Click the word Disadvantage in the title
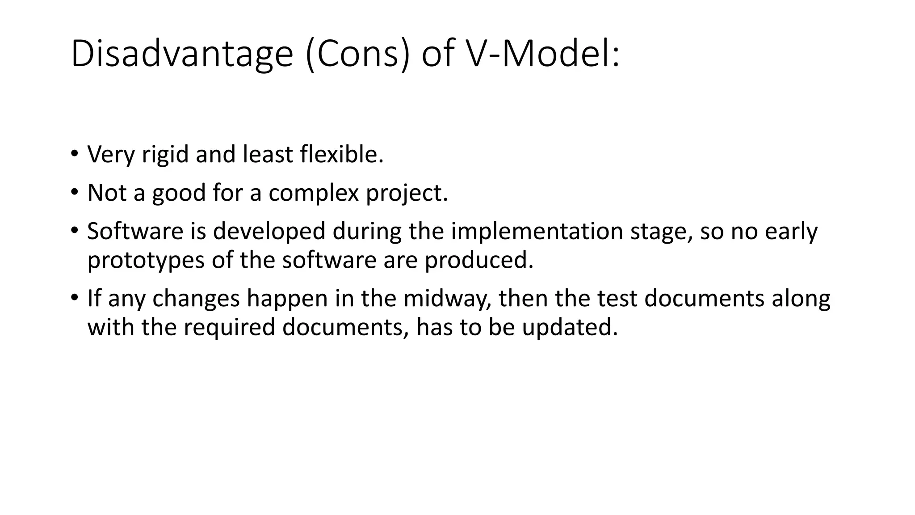181,55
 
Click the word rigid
165,155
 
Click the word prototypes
146,260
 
